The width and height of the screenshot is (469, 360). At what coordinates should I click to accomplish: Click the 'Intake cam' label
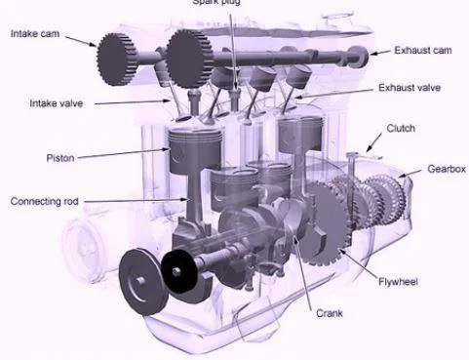click(x=34, y=34)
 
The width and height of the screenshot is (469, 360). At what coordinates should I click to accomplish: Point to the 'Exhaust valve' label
click(x=409, y=88)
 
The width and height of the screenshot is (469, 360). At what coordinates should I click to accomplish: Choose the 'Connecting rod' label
click(x=44, y=201)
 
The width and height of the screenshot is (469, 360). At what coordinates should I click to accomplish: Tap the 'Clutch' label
click(x=401, y=128)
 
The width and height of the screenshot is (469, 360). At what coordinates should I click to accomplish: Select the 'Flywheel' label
click(x=398, y=282)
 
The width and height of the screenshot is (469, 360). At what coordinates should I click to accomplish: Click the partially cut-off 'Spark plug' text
click(x=234, y=3)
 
